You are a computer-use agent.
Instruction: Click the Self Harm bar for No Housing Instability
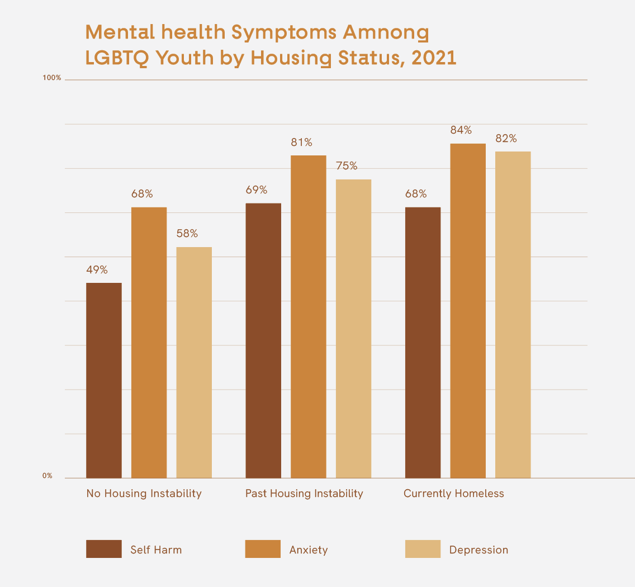point(104,380)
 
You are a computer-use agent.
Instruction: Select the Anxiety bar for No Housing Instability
point(149,342)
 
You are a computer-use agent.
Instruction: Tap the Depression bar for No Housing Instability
point(194,362)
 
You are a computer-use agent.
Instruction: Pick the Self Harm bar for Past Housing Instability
point(263,340)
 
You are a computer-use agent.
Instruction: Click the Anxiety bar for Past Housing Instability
point(309,316)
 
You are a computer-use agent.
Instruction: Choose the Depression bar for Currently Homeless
point(513,314)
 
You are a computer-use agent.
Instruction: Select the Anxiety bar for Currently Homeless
point(468,310)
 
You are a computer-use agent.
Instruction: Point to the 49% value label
point(97,270)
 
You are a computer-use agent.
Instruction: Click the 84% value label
point(461,130)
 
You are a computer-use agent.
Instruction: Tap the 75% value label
point(347,166)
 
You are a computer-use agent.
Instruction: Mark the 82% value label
point(506,139)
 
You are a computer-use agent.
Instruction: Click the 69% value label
point(257,190)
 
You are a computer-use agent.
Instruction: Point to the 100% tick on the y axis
point(52,78)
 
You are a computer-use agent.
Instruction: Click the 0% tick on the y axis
point(48,476)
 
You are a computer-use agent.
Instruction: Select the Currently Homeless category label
point(454,494)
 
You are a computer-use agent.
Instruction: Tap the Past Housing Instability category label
point(304,494)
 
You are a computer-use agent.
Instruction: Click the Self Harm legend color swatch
point(104,549)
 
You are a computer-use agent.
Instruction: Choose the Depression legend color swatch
point(423,549)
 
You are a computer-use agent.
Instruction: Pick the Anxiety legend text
point(309,550)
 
